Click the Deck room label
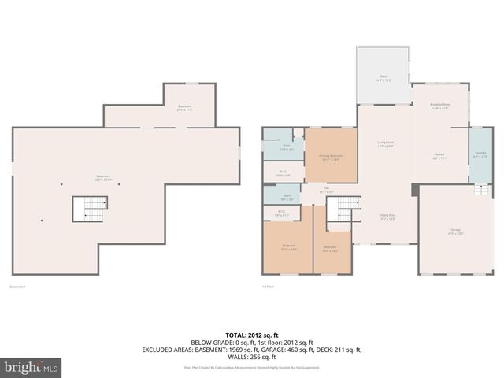(384, 77)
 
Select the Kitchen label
(439, 155)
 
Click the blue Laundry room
(480, 154)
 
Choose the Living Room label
(385, 143)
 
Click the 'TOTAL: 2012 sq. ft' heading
(251, 335)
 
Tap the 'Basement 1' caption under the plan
(17, 286)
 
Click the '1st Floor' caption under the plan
(268, 286)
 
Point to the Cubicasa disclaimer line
(251, 367)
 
